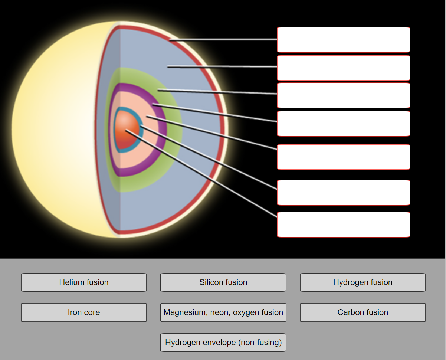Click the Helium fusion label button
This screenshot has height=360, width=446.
[84, 282]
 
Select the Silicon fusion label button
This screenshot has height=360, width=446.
[223, 282]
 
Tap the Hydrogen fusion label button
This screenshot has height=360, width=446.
[363, 282]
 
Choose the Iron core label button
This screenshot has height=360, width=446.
[84, 312]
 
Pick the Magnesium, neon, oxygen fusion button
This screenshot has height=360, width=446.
[223, 312]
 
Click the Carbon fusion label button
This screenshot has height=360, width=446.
[363, 312]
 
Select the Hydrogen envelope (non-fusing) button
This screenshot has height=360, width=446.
[223, 343]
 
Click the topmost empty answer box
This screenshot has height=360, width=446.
[343, 39]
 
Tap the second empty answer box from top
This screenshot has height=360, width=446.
[343, 68]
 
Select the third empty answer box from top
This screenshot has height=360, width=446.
[343, 95]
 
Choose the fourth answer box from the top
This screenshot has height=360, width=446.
[343, 124]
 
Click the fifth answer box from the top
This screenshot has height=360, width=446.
[343, 157]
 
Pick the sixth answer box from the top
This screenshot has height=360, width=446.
[343, 193]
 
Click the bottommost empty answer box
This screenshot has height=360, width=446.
[343, 225]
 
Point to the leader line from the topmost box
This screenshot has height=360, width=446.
[223, 39]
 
